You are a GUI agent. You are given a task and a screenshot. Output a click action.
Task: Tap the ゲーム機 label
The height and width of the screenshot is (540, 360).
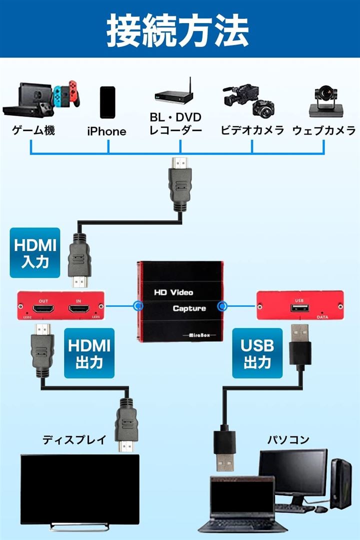point(33,131)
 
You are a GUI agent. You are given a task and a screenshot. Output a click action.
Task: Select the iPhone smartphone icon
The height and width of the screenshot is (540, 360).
point(107,102)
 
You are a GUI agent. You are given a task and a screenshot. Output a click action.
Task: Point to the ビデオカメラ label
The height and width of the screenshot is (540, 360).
point(252,131)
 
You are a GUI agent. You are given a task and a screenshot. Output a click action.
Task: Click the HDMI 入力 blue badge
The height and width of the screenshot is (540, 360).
point(35,253)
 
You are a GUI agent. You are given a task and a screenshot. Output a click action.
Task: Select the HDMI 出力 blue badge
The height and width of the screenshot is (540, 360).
point(89,353)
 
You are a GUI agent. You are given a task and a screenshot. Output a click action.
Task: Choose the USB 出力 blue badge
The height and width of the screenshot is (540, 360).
point(257,353)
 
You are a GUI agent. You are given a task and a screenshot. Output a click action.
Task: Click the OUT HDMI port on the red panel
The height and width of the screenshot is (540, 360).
point(44,309)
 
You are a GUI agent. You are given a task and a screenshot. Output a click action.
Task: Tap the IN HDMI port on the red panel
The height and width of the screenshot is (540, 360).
point(78,309)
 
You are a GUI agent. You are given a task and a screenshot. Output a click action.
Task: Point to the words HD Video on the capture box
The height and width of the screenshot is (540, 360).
point(173,292)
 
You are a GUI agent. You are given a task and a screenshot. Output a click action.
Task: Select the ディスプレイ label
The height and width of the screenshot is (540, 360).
point(74,440)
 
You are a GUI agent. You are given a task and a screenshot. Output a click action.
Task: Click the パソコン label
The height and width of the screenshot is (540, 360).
point(287,440)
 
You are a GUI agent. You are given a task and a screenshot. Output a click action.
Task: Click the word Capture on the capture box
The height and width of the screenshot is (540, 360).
point(189,308)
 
